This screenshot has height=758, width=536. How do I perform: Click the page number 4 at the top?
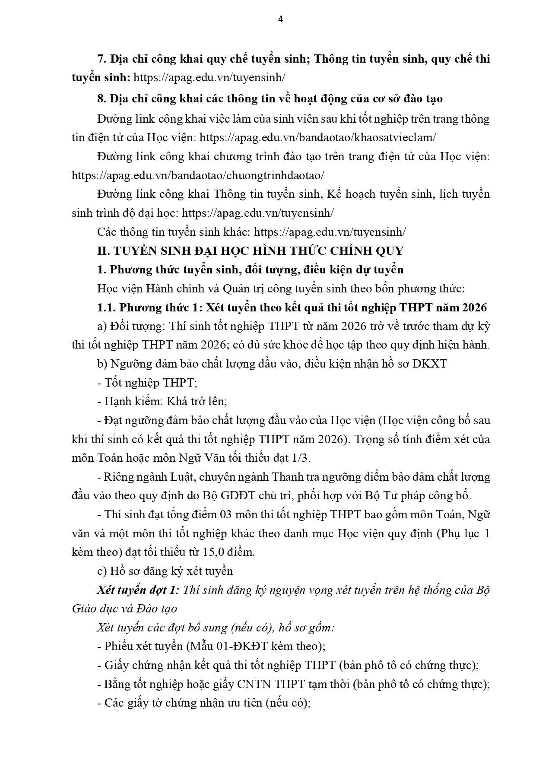click(281, 19)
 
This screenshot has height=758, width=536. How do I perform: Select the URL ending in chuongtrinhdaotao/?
click(198, 175)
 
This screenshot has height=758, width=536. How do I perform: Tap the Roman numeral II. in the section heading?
click(103, 251)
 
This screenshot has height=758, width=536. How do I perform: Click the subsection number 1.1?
click(106, 307)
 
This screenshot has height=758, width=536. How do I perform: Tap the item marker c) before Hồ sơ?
click(102, 571)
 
